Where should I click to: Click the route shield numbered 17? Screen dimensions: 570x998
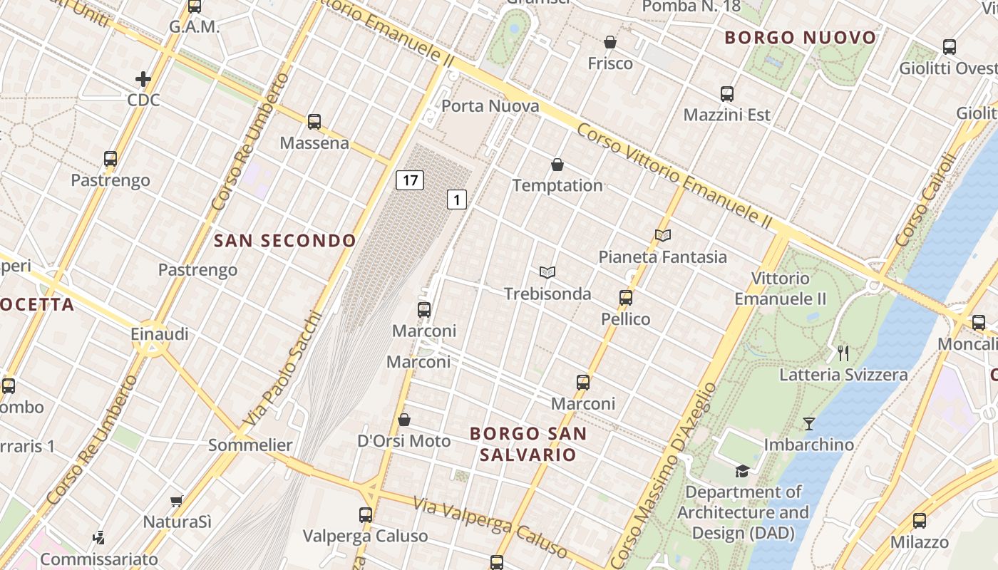[x=410, y=180]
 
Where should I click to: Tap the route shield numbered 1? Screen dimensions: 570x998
[x=457, y=199]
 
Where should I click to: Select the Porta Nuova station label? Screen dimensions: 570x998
[x=490, y=106]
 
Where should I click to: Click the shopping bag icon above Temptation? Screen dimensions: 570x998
[x=557, y=165]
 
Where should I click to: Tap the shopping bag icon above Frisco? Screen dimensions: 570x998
[x=610, y=43]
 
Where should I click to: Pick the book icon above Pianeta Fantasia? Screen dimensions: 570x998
[x=663, y=235]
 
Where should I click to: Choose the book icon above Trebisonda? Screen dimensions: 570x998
[x=547, y=272]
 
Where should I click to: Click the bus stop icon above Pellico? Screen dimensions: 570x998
[x=626, y=298]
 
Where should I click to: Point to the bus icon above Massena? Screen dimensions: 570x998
[x=314, y=122]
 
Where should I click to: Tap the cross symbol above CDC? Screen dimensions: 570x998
[x=143, y=79]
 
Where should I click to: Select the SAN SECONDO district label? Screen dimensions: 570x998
[x=285, y=241]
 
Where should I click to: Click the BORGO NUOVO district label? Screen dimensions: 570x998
[x=801, y=38]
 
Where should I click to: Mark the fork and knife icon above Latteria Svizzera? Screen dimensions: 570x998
[x=843, y=353]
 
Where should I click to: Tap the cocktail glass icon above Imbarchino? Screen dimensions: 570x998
[x=809, y=424]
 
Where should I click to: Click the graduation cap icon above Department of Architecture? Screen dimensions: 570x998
[x=743, y=471]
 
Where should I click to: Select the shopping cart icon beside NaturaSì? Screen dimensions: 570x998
[x=177, y=502]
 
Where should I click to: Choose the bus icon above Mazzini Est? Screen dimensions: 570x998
[x=727, y=94]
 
